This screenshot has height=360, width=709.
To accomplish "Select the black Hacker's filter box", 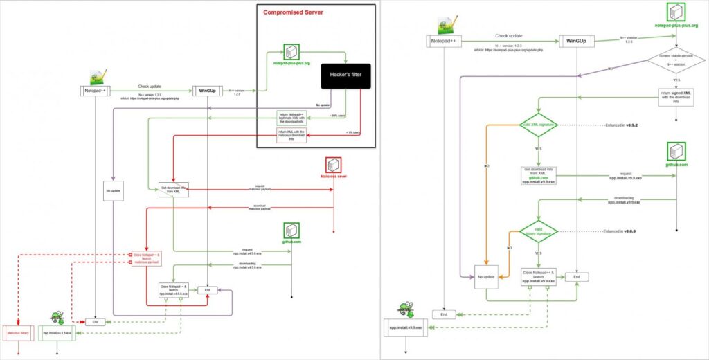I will [345, 77].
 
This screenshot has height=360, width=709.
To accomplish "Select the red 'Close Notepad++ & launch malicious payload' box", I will [147, 258].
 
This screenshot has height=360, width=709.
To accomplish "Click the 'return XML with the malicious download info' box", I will [291, 134].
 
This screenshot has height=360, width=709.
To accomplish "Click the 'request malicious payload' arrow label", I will [260, 187].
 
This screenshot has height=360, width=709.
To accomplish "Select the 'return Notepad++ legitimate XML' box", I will [291, 118].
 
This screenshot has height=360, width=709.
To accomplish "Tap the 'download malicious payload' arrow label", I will [260, 206].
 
